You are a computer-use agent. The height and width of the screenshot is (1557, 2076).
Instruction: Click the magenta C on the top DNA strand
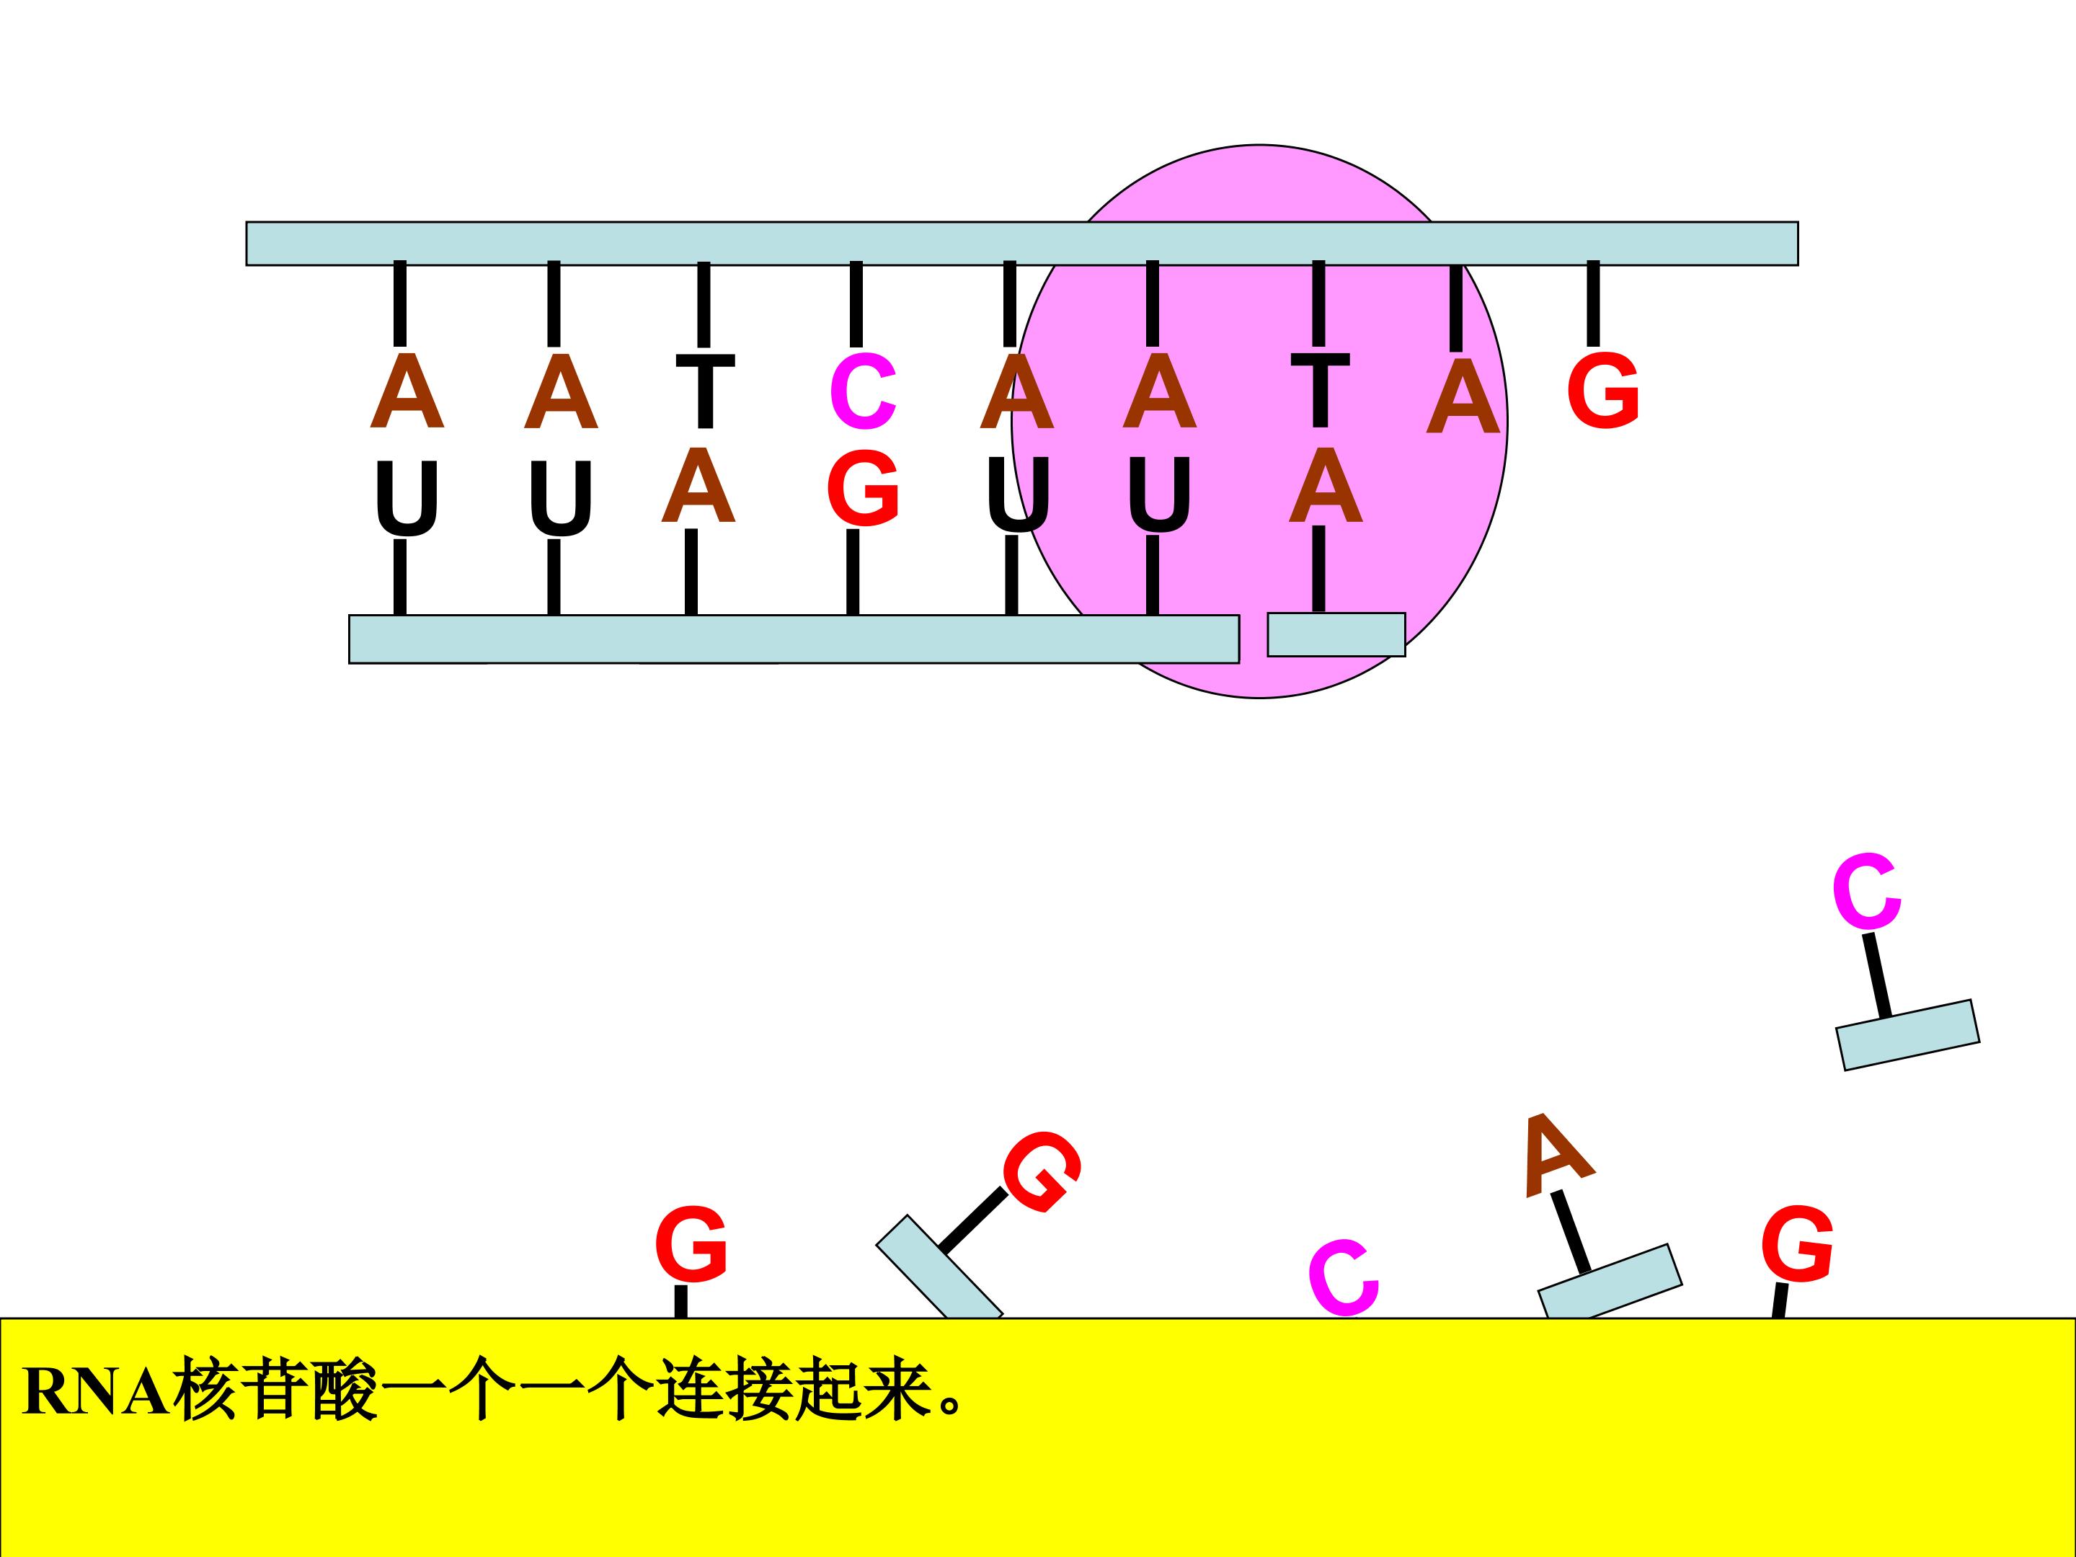pyautogui.click(x=864, y=391)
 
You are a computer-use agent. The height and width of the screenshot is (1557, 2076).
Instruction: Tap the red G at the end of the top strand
pyautogui.click(x=1603, y=391)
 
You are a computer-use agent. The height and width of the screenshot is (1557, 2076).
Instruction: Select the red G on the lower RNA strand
pyautogui.click(x=864, y=487)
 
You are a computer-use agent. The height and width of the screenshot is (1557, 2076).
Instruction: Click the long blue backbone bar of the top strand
pyautogui.click(x=1022, y=244)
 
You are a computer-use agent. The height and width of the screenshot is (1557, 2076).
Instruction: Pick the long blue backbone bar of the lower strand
pyautogui.click(x=794, y=639)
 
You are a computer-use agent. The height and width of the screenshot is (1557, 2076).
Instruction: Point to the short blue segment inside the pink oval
pyautogui.click(x=1336, y=634)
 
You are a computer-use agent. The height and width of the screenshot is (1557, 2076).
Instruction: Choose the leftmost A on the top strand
pyautogui.click(x=407, y=391)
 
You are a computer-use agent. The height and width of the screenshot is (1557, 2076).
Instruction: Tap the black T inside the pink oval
pyautogui.click(x=1320, y=389)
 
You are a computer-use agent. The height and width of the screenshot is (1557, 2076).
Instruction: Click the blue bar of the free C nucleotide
pyautogui.click(x=1908, y=1035)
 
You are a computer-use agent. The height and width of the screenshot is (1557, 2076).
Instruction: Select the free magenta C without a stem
pyautogui.click(x=1344, y=1277)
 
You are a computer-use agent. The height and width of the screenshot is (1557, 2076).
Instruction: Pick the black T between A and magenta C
pyautogui.click(x=705, y=391)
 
